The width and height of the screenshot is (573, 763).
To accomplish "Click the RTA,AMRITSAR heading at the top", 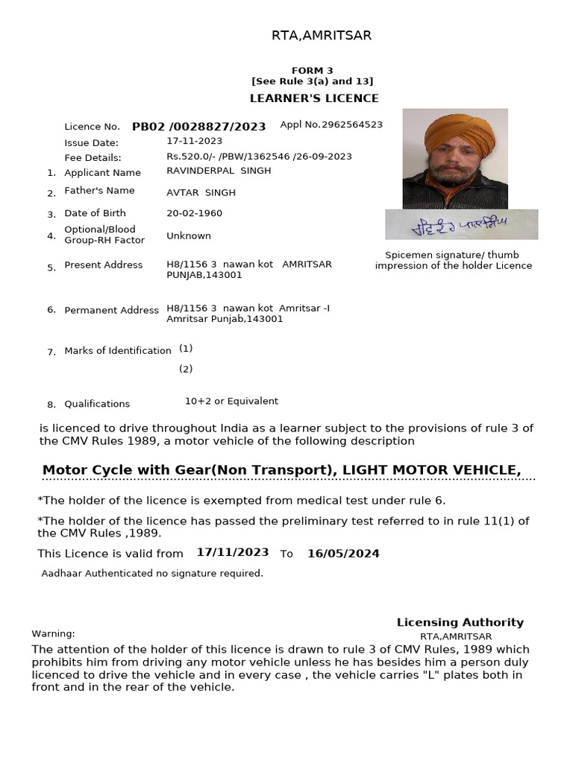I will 321,35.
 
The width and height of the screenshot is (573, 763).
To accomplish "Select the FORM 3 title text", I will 313,70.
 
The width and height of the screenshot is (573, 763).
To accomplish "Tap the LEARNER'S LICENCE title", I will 313,98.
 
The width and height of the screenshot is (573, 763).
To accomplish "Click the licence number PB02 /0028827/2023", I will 198,127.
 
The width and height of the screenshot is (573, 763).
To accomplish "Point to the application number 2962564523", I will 351,124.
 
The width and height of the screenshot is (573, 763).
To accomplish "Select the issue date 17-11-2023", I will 194,140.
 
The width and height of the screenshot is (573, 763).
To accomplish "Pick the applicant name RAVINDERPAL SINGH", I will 219,171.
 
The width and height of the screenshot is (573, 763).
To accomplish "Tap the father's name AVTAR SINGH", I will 201,192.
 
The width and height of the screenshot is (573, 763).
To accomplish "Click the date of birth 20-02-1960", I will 194,213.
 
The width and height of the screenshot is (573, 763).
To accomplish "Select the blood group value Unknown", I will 188,235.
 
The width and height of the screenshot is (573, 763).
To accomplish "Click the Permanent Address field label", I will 111,310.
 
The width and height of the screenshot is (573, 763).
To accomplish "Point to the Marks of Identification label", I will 118,350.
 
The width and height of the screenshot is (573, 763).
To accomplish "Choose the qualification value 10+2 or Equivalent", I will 231,401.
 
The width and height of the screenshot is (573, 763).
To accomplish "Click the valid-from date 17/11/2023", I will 233,552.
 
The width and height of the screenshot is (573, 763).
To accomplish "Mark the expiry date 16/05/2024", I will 343,553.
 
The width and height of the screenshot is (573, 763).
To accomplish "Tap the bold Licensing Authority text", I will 460,622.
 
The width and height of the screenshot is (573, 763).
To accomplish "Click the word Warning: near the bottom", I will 53,633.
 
